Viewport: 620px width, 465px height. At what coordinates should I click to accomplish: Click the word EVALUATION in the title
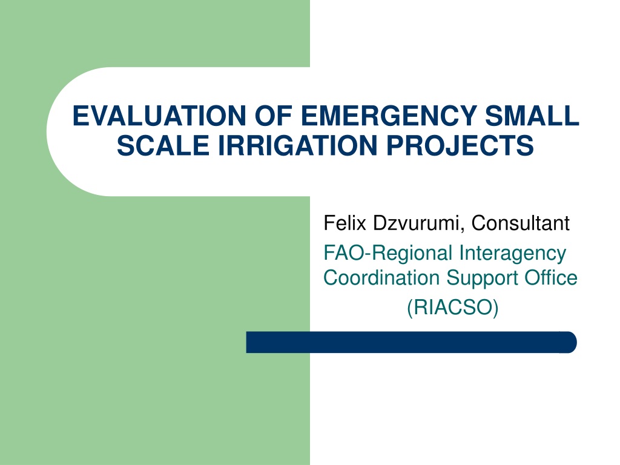click(159, 116)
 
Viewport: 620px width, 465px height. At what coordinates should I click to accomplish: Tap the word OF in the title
click(273, 116)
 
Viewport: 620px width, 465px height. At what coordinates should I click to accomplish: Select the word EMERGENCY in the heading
click(389, 116)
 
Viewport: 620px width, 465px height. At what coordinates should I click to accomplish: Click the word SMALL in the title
click(532, 116)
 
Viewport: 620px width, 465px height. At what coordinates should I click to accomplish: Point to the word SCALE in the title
click(163, 145)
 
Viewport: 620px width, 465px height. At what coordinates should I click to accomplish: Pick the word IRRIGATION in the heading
click(298, 145)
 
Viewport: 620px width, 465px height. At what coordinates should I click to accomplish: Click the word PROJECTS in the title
click(460, 145)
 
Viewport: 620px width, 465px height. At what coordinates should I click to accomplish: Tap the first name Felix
click(345, 223)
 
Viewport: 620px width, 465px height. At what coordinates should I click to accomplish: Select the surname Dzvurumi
click(417, 223)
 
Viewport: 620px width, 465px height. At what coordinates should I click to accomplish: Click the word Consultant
click(520, 223)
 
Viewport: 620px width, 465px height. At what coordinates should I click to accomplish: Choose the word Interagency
click(513, 254)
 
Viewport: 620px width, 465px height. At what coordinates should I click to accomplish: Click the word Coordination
click(381, 278)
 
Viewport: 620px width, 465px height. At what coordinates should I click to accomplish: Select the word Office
click(551, 277)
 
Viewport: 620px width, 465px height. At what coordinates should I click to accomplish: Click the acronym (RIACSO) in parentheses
click(453, 307)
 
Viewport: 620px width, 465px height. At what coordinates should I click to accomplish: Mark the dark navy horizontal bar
click(411, 343)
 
